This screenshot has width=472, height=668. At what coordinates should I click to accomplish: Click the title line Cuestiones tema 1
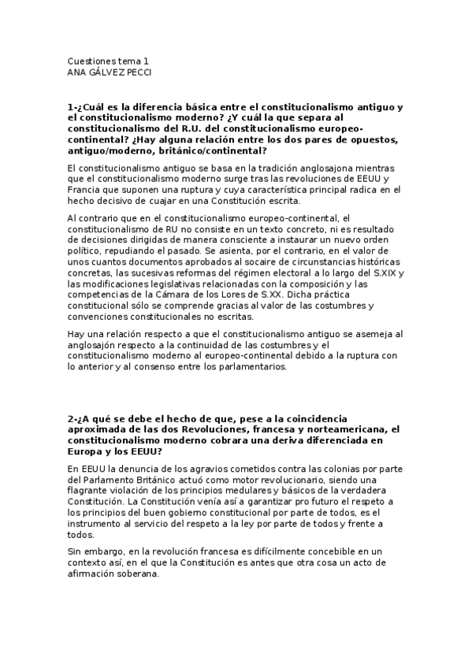tap(108, 61)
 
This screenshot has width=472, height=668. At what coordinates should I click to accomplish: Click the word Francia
tap(83, 189)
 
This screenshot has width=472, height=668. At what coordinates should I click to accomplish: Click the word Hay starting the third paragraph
tap(76, 335)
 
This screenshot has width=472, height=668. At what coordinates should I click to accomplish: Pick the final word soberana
tap(136, 574)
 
